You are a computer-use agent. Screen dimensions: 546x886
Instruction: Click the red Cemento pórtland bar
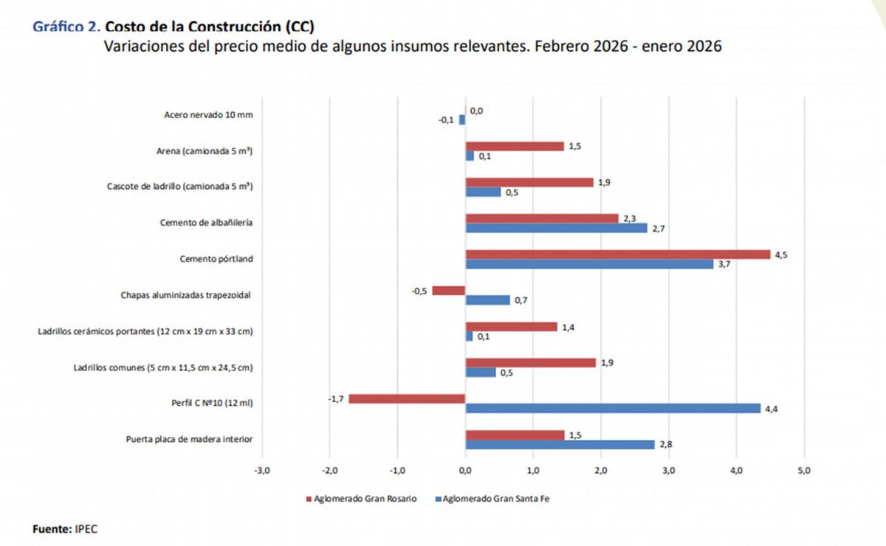617,255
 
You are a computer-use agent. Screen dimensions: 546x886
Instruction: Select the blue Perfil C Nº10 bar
613,409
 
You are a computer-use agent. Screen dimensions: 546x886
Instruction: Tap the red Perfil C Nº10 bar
407,399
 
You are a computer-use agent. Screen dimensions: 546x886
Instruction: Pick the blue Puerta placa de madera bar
560,444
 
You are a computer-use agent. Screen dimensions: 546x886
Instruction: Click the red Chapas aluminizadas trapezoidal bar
449,291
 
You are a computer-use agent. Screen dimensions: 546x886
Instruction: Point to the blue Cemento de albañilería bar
556,228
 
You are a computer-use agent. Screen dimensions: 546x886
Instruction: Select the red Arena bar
515,146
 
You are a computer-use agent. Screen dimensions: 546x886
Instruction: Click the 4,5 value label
780,254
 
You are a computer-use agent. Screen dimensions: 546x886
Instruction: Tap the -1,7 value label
337,398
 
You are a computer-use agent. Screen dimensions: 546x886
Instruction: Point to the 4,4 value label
772,409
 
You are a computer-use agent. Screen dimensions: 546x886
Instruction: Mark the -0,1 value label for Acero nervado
447,120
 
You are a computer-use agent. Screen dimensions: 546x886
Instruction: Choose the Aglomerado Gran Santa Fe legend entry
496,499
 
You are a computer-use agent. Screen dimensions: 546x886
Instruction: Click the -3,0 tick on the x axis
261,470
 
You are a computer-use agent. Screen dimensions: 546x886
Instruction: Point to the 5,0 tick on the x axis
804,470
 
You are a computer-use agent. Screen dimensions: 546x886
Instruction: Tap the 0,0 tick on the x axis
465,470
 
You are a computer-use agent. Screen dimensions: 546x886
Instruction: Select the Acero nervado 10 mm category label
208,114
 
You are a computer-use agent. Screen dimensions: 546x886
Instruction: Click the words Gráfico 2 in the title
66,27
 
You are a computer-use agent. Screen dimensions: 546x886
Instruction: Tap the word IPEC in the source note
86,529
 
